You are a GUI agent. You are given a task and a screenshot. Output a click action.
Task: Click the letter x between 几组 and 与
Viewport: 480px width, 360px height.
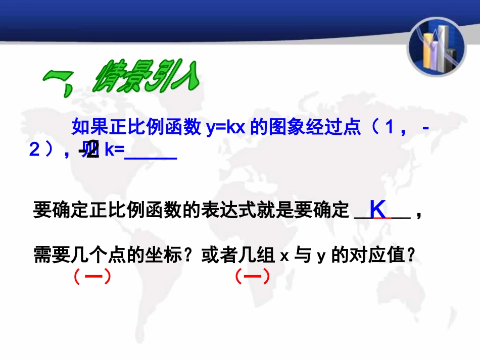coord(284,256)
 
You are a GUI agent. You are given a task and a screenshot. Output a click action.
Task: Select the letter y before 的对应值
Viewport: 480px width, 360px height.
coord(320,256)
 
